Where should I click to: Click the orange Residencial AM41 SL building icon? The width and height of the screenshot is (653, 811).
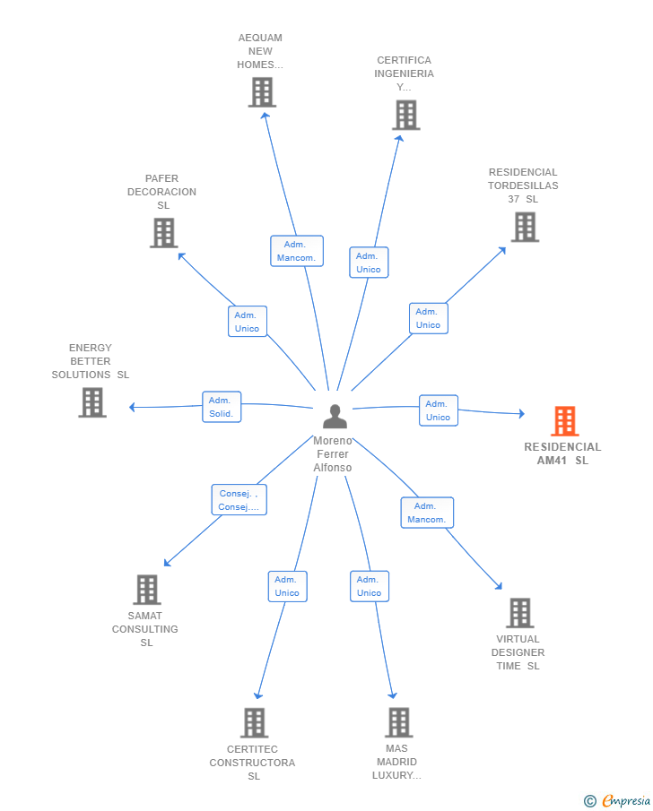coord(564,421)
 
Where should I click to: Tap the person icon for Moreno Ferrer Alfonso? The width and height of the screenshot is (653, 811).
coord(335,417)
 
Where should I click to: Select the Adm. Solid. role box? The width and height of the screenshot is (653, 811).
coord(222,407)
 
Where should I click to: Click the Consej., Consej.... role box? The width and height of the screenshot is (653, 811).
coord(239,500)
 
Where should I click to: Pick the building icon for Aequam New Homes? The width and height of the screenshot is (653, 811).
coord(262,92)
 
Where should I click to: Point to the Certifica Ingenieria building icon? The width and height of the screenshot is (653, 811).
coord(406,115)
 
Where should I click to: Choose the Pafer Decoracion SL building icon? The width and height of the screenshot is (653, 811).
coord(163,233)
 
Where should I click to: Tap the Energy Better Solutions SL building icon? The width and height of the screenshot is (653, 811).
coord(92,402)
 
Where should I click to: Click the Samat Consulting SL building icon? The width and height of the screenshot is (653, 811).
coord(147,590)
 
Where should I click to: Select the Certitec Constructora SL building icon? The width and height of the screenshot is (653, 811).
coord(254,722)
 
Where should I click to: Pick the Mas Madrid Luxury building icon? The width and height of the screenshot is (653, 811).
coord(399,722)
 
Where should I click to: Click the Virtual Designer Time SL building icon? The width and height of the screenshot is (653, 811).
coord(520,613)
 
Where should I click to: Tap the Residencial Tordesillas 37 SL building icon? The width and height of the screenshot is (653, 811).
coord(525,227)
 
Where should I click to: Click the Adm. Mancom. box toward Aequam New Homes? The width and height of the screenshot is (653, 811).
coord(297,251)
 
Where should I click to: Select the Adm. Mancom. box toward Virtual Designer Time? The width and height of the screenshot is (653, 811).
coord(427,513)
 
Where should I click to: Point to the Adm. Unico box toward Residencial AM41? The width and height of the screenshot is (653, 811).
coord(439,410)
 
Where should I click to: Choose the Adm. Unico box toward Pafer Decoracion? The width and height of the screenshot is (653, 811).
coord(248,321)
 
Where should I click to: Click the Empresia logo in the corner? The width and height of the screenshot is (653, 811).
coord(617,801)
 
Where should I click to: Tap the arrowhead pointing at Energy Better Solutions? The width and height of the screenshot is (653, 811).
coord(133,407)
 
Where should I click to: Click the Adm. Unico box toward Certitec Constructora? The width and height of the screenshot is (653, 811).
coord(288,587)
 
